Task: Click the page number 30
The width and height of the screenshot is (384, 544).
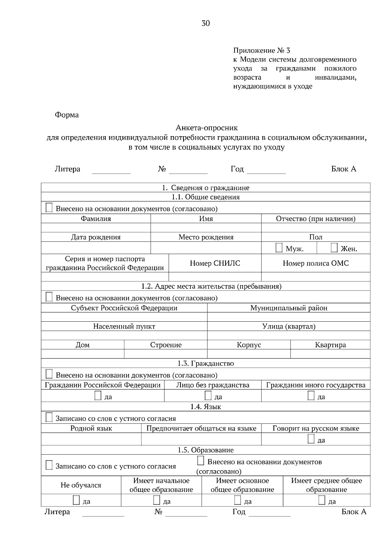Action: [x=206, y=23]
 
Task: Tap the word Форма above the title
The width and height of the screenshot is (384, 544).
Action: [x=67, y=115]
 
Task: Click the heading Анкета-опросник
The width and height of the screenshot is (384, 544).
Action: [x=206, y=128]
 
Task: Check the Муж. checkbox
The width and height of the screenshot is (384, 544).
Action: [x=279, y=248]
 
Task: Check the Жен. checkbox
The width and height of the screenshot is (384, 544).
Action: [x=334, y=248]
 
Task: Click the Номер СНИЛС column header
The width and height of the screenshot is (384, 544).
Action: [x=215, y=263]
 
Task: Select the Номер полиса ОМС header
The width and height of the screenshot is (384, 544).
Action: [x=316, y=263]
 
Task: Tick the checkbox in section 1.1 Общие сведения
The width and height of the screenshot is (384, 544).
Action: [x=49, y=208]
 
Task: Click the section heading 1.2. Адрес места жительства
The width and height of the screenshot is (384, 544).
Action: [x=211, y=286]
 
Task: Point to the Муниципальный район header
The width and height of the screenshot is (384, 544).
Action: [x=289, y=308]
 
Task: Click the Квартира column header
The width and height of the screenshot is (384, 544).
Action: [x=330, y=345]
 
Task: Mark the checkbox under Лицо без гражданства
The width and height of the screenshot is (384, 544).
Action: [x=208, y=396]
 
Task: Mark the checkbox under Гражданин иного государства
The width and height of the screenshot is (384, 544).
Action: [x=311, y=396]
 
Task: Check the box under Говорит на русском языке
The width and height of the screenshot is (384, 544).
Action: [x=311, y=439]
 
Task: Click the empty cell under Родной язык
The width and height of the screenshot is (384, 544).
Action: [x=91, y=439]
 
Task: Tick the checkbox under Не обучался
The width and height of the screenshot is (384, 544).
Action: [x=76, y=500]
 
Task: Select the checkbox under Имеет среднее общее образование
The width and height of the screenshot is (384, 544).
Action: [x=322, y=500]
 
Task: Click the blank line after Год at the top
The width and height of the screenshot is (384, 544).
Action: [x=266, y=170]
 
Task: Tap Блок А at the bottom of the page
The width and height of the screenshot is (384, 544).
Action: [x=354, y=512]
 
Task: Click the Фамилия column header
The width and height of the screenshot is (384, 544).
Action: [x=96, y=219]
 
